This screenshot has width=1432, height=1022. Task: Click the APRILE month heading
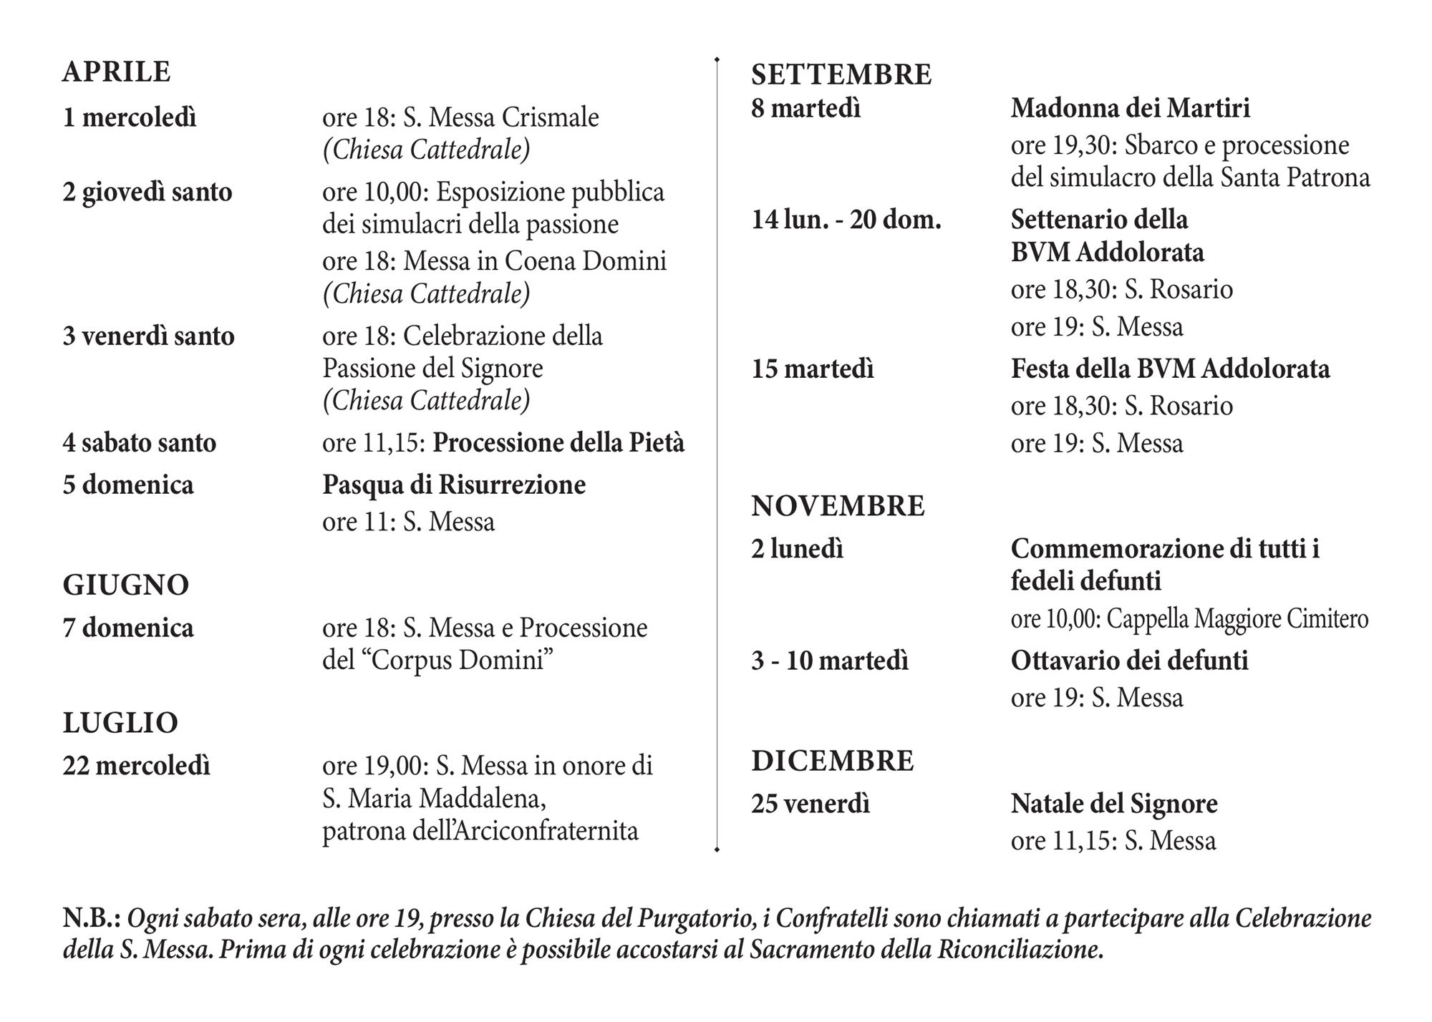pos(117,72)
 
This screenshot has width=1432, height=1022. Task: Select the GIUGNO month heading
pos(126,585)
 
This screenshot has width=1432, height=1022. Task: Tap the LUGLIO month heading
pos(120,723)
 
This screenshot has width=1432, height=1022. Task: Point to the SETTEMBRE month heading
pos(841,74)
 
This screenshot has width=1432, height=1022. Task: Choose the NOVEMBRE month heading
pos(838,506)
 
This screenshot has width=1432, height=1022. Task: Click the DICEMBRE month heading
pos(833,760)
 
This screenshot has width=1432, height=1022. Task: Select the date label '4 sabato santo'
pos(140,443)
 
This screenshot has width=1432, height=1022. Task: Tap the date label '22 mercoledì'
pos(137,766)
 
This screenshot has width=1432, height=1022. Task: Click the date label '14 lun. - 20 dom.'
pos(846,220)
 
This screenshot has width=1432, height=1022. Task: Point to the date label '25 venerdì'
pos(811,804)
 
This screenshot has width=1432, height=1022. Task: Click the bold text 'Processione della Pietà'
pos(558,443)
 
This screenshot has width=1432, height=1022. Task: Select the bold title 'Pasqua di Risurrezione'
pos(454,485)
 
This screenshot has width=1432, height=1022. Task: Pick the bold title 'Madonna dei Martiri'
pos(1131,108)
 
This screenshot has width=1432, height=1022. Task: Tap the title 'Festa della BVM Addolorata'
pos(1170,369)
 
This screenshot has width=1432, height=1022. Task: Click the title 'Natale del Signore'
pos(1114,804)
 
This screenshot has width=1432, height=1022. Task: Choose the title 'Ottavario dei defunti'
pos(1129,660)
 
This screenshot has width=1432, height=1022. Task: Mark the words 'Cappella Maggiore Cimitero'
pos(1237,618)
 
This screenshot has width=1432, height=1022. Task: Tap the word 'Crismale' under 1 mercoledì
pos(550,117)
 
